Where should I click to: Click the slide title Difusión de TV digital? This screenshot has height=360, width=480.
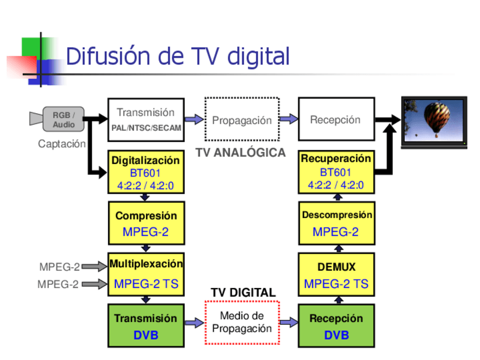pos(178,57)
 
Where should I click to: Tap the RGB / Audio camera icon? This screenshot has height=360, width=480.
pos(57,119)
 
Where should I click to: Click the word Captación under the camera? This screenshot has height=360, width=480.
pos(62,144)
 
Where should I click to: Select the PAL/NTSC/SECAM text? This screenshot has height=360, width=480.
pos(146,128)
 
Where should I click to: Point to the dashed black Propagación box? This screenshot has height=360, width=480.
pos(242,119)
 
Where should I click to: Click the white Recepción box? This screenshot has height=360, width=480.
pos(336,119)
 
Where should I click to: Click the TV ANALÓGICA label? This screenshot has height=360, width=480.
pos(241,153)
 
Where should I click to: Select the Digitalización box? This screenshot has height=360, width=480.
pos(145,172)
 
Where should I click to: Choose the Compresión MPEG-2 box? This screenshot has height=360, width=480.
pos(145,224)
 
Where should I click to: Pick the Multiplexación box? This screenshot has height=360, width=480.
pos(145,274)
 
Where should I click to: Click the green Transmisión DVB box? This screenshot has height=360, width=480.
pos(145,326)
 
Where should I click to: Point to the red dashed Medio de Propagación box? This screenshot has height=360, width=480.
pos(242,323)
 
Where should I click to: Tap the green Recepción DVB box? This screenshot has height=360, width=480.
pos(336,326)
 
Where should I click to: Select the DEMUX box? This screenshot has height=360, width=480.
pos(336,275)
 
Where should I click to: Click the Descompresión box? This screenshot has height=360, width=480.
pos(336,224)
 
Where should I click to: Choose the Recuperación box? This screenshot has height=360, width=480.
pos(336,172)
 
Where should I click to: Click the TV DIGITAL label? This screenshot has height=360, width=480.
pos(243,293)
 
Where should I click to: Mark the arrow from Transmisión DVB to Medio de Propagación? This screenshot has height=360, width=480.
pos(194,323)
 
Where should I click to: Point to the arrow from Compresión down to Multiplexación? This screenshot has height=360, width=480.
pos(145,248)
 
